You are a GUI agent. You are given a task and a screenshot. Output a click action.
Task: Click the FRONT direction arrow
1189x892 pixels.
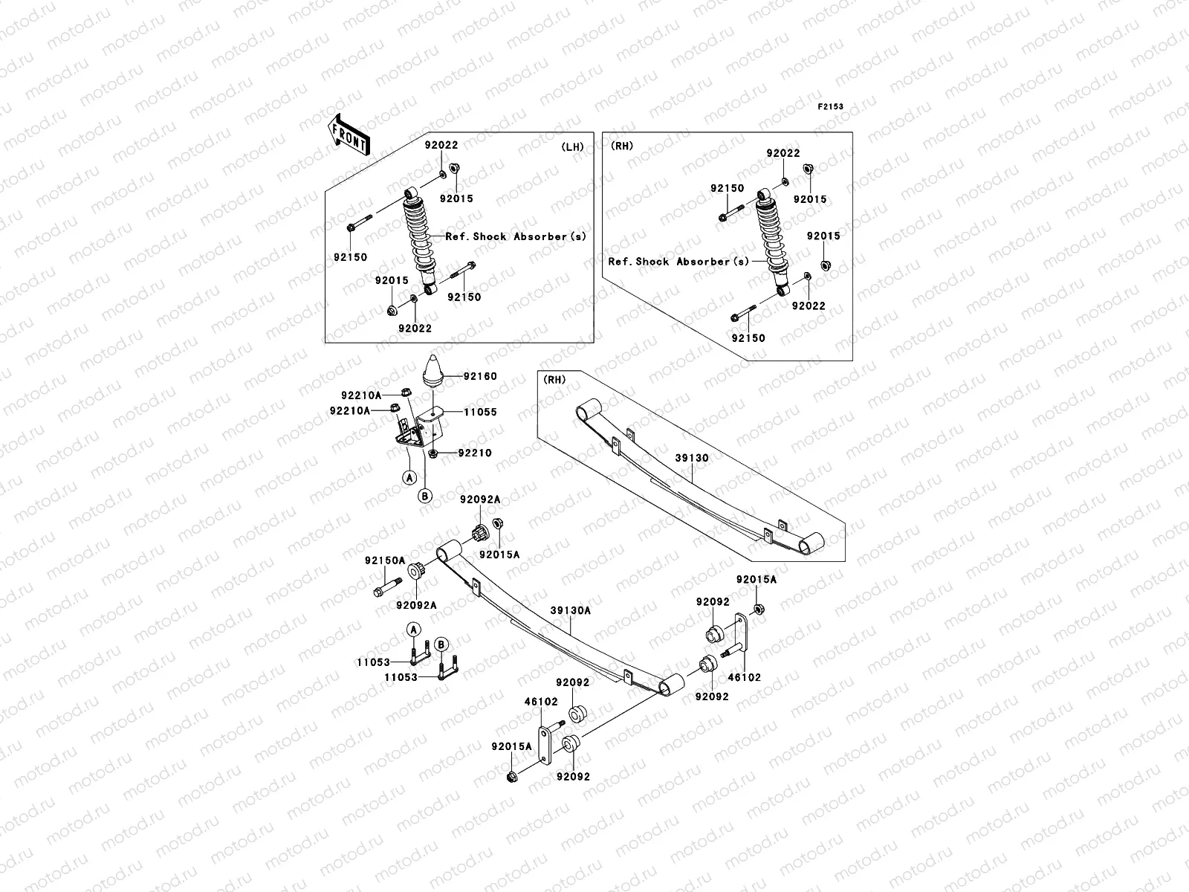(x=349, y=135)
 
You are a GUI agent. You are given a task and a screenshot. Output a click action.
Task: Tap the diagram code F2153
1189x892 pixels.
(x=830, y=107)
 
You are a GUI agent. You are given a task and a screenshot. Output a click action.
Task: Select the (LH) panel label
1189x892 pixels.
(x=572, y=146)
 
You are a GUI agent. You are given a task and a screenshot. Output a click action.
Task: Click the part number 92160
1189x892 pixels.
(x=480, y=376)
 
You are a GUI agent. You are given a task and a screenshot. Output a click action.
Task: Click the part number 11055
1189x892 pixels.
(x=480, y=412)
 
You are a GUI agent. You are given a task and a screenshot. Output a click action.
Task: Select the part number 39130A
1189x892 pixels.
(x=571, y=610)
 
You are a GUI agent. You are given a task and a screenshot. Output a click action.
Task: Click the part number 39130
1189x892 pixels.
(x=692, y=458)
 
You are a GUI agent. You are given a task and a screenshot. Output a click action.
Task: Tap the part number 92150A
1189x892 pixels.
(x=385, y=560)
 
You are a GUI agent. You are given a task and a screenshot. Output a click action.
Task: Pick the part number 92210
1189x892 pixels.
(x=475, y=453)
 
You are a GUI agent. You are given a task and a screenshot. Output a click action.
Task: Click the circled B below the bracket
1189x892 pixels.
(x=425, y=496)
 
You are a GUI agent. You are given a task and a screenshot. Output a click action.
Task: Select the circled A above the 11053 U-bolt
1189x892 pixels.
(x=414, y=630)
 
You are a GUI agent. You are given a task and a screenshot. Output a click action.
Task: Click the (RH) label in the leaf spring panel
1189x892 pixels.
(x=554, y=380)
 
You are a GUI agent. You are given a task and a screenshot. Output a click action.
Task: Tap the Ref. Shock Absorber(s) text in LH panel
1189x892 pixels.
(x=516, y=236)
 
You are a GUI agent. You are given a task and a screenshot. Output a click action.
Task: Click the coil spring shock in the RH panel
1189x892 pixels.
(x=773, y=242)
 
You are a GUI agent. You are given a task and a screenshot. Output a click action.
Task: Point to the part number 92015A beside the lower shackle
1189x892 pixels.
(x=511, y=746)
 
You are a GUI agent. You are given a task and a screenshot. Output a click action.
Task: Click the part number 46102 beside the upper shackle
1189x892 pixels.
(x=745, y=677)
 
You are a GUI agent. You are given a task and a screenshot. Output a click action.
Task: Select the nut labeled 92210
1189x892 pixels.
(x=432, y=453)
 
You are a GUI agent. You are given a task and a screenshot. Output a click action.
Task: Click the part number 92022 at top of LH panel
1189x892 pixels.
(x=441, y=145)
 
